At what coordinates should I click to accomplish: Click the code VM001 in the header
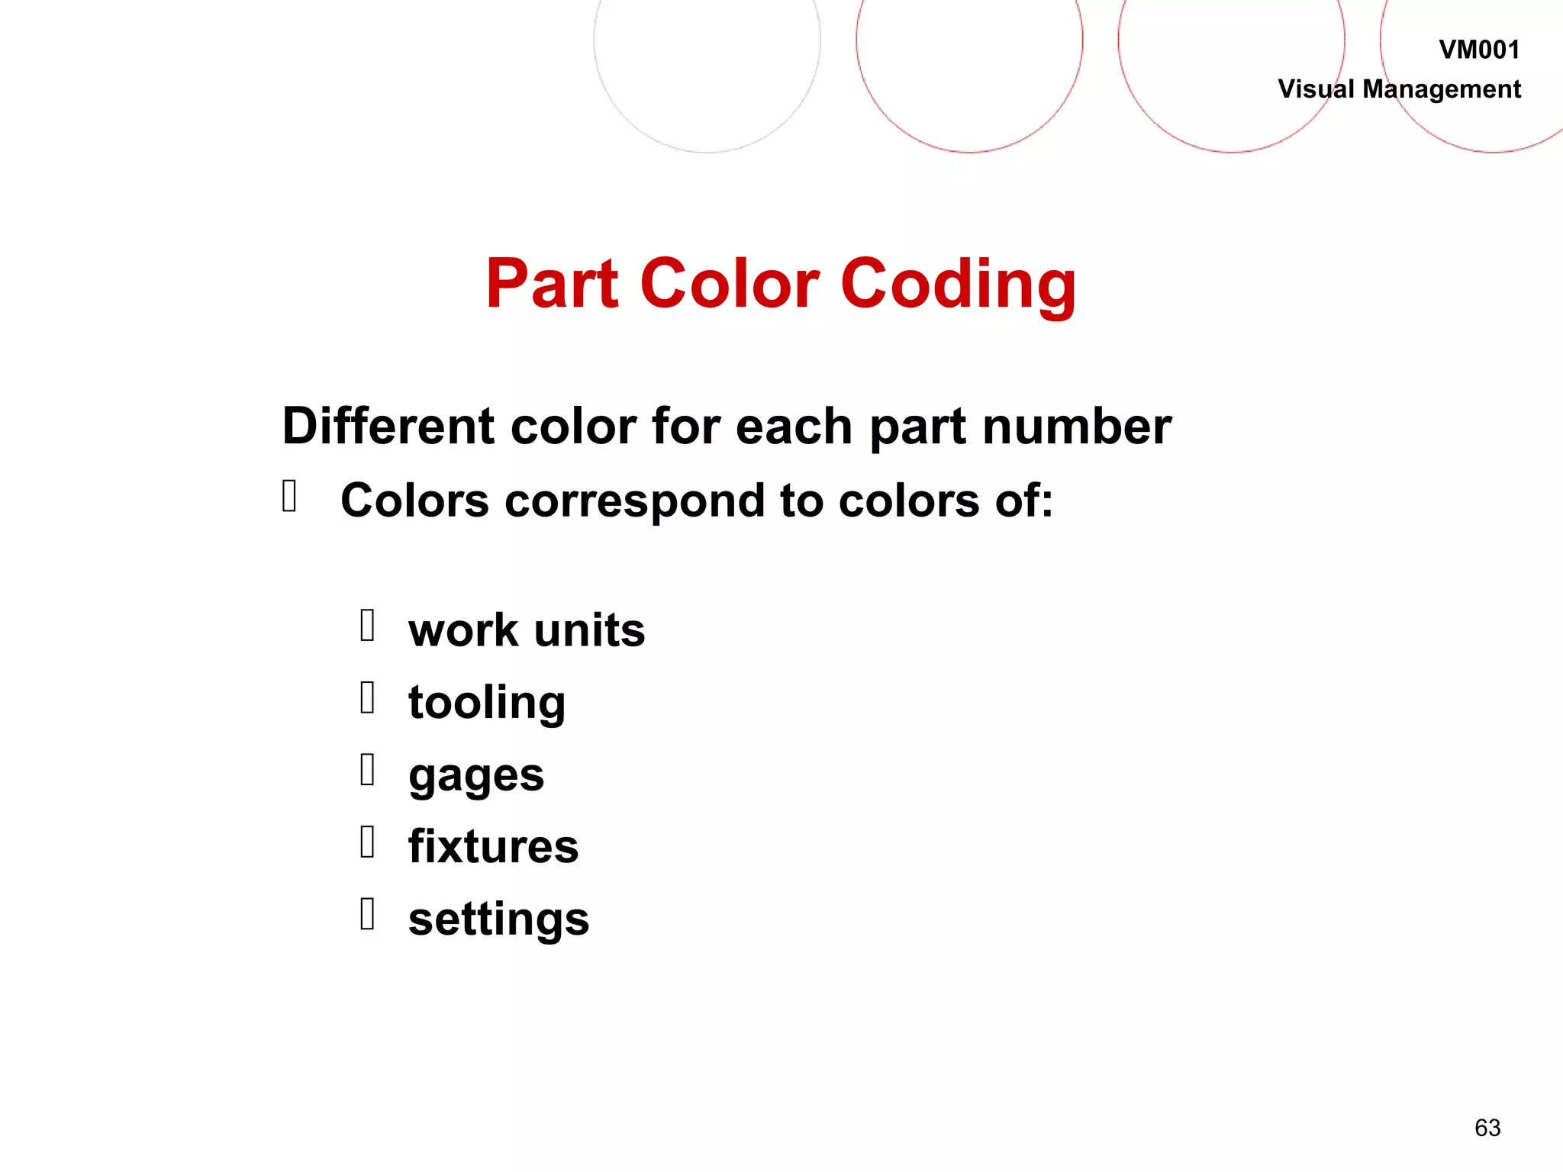tap(1479, 50)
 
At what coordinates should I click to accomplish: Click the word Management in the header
tap(1442, 89)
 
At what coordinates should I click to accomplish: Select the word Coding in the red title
tap(958, 285)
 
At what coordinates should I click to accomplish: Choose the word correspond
tap(634, 502)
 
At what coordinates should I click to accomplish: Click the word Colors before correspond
tap(414, 501)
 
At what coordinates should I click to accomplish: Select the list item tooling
tap(487, 703)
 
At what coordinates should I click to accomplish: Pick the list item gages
tap(476, 776)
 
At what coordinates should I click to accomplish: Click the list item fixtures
tap(493, 846)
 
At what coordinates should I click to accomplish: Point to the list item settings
tap(498, 919)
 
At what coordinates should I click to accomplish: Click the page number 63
tap(1487, 1127)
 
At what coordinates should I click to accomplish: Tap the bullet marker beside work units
tap(367, 625)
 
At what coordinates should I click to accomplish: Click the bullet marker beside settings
tap(367, 913)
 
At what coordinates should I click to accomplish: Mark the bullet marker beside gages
tap(367, 769)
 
